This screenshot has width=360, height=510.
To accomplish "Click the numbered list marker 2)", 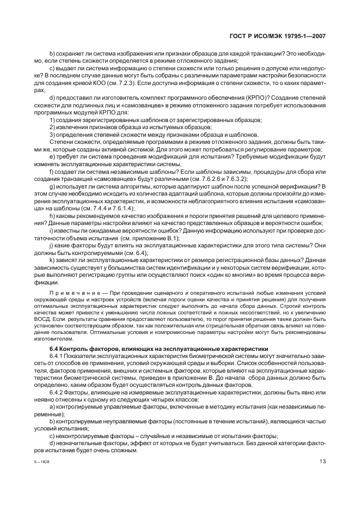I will pos(53,127).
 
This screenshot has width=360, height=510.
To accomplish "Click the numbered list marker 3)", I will pos(53,134).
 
